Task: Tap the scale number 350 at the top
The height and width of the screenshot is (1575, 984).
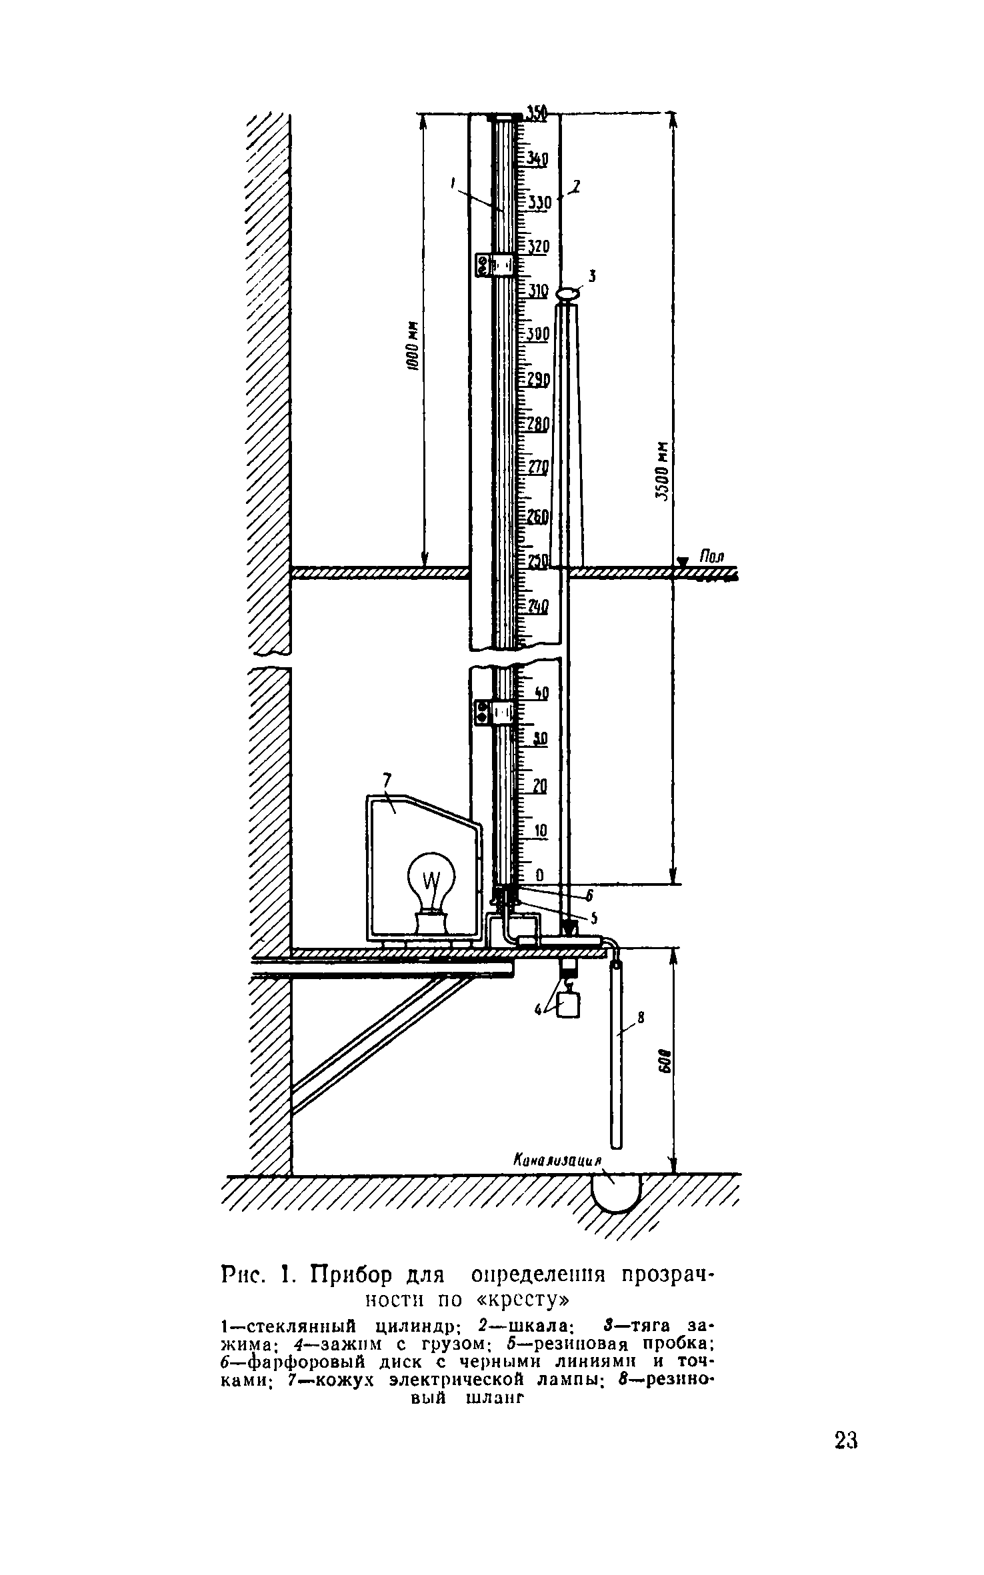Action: (x=535, y=114)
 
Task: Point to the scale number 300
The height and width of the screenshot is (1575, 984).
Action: (x=537, y=335)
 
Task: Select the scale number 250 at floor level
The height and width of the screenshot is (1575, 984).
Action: (x=537, y=561)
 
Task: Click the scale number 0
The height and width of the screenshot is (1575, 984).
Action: (x=539, y=874)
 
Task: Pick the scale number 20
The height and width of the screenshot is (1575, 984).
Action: (x=539, y=787)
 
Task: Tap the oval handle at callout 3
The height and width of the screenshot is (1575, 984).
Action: (x=568, y=292)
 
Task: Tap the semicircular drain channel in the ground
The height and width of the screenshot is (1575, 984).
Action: (x=617, y=1192)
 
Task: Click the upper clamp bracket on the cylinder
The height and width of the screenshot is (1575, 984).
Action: (x=495, y=265)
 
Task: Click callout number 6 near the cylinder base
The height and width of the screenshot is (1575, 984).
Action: (x=589, y=896)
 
